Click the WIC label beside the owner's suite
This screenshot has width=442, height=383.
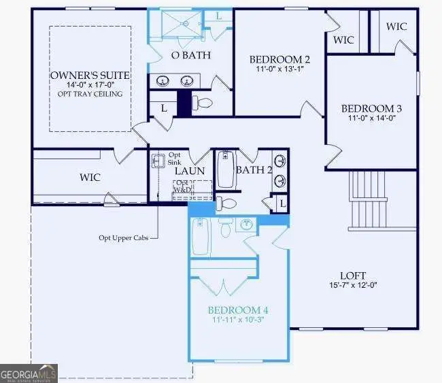(90, 178)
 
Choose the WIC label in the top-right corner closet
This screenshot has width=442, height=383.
(397, 27)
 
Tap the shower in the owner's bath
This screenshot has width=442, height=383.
(176, 24)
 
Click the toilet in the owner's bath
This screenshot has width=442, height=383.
(201, 103)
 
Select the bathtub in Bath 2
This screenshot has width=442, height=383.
(226, 169)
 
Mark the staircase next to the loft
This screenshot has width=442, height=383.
(368, 200)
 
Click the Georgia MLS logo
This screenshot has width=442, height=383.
(29, 373)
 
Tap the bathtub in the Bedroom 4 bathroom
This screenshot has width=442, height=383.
(200, 236)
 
